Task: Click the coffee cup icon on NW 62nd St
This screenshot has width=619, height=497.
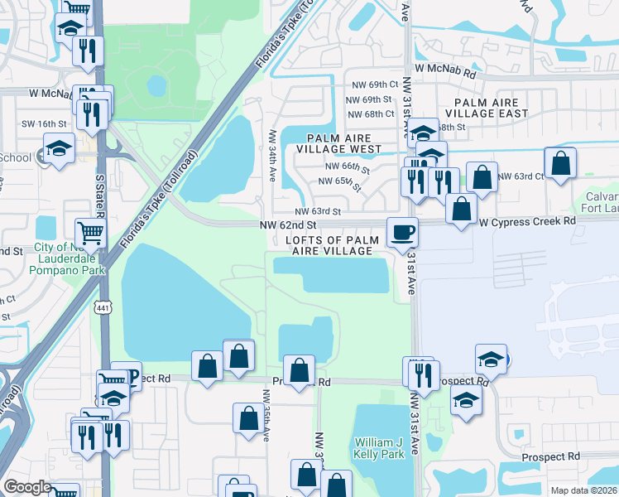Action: pos(402,232)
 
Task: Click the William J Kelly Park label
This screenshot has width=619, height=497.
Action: pos(380,448)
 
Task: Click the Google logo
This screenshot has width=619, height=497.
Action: pos(26,487)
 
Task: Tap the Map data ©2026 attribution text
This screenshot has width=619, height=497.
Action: pos(583,490)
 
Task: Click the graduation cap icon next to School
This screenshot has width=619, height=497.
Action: pos(59,150)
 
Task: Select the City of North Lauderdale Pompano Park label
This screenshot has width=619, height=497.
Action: pos(70,259)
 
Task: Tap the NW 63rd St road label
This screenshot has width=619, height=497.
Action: pos(319,212)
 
